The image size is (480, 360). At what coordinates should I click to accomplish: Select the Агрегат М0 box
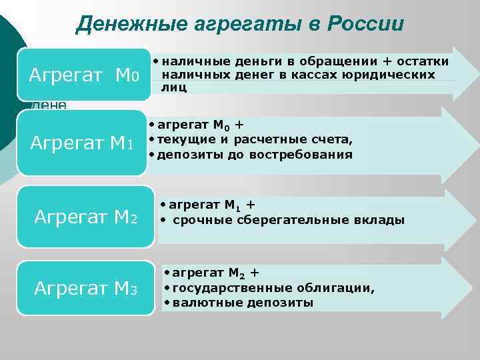pyautogui.click(x=84, y=75)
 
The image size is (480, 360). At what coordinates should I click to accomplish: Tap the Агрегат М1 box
pyautogui.click(x=84, y=142)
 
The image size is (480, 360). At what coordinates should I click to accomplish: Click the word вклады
pyautogui.click(x=381, y=220)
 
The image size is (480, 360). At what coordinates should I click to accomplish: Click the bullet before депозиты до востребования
pyautogui.click(x=151, y=155)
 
